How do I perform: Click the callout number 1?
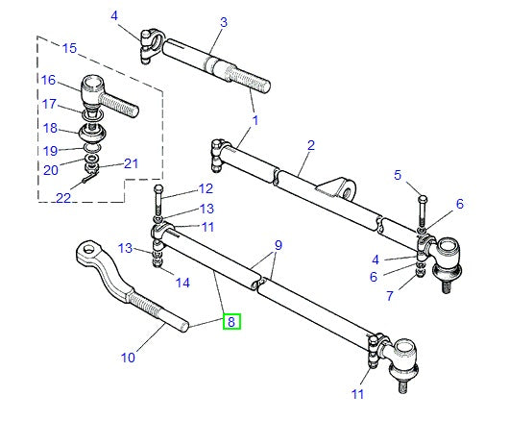(x=255, y=121)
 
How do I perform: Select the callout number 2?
(x=311, y=145)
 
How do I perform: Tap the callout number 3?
(x=224, y=22)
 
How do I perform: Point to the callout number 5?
(x=398, y=174)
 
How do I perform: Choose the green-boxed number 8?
(x=232, y=323)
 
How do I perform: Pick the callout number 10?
(x=128, y=358)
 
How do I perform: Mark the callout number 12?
(x=206, y=188)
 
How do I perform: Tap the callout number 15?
(x=68, y=48)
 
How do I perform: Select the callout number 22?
(x=64, y=197)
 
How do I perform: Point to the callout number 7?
(x=390, y=295)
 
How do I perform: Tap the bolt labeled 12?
(x=158, y=197)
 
